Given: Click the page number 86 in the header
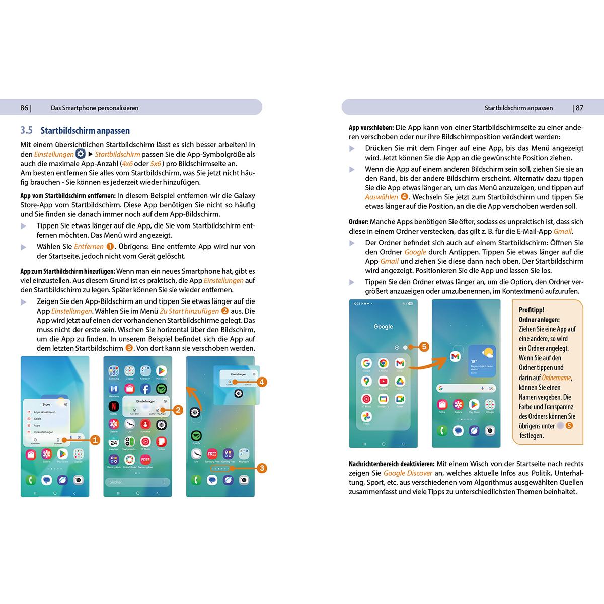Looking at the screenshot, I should (x=24, y=108).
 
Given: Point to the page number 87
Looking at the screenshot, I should (x=579, y=108).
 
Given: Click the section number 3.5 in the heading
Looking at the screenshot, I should (x=26, y=131).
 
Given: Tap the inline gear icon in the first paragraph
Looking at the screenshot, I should (x=80, y=154).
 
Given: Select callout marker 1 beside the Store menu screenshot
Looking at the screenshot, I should (x=96, y=440).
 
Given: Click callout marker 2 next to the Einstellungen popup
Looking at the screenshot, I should (x=177, y=410).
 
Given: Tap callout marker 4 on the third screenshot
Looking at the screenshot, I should (x=261, y=382).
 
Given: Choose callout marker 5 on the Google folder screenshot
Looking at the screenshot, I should (x=424, y=347).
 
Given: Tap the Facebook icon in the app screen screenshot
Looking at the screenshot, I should (x=145, y=389).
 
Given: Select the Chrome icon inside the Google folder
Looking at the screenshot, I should (x=383, y=364).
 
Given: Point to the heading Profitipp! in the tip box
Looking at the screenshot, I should (x=531, y=310).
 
